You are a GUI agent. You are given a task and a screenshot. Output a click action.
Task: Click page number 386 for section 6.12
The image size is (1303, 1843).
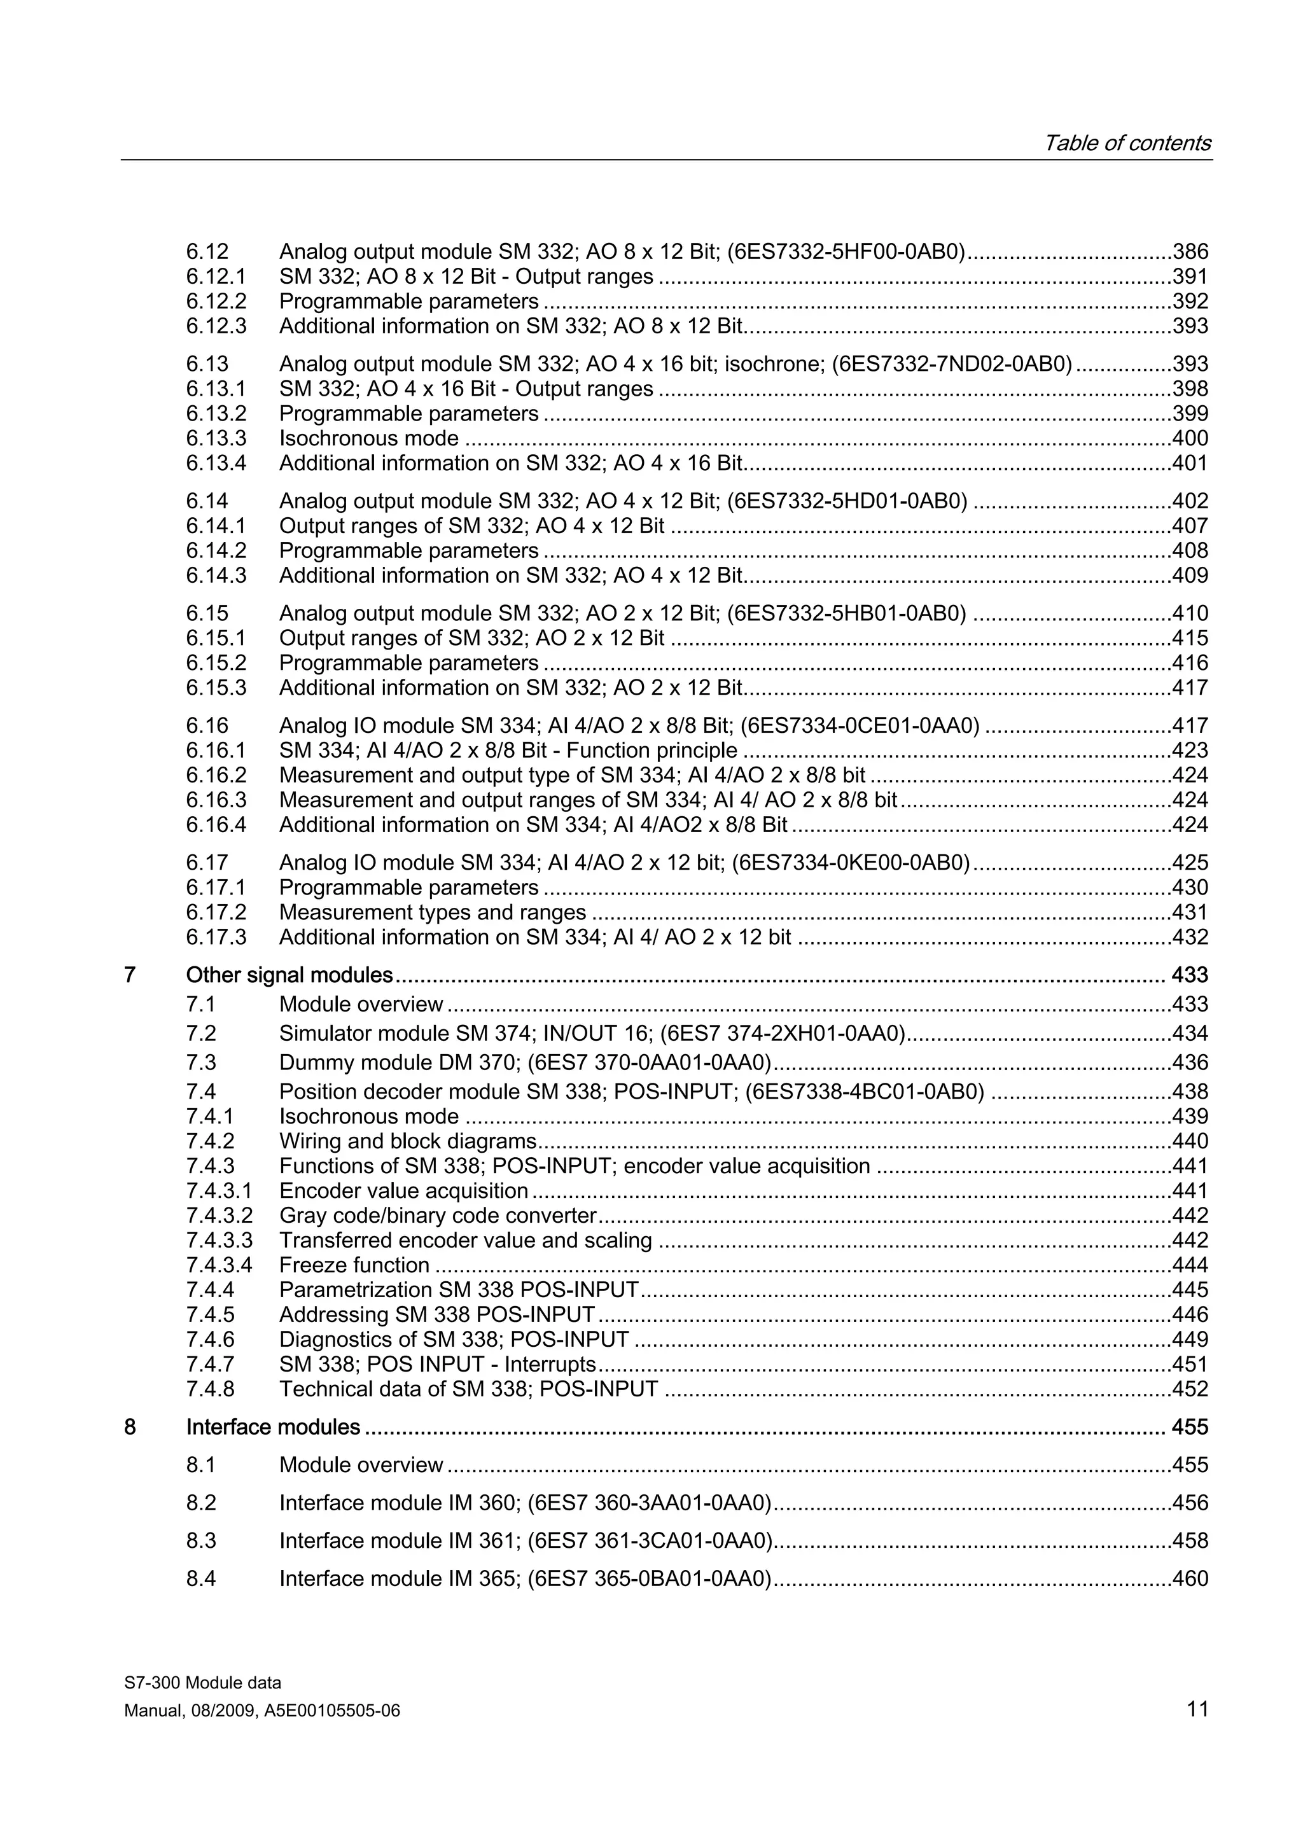[1190, 252]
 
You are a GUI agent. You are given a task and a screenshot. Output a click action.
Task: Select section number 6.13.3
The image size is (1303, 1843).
[216, 438]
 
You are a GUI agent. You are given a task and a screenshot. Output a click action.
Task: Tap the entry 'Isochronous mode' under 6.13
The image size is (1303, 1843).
[368, 438]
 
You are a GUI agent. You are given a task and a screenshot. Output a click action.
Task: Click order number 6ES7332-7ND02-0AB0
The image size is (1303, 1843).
[952, 364]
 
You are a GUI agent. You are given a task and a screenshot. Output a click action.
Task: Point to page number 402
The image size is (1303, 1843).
[1190, 501]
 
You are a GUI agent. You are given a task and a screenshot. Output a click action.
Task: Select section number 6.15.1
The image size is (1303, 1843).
[216, 638]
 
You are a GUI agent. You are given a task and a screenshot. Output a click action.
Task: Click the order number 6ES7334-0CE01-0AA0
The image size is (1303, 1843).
[860, 726]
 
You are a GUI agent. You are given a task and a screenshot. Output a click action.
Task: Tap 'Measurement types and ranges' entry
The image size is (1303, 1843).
[433, 913]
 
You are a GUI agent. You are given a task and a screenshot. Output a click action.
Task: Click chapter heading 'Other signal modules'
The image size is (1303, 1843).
[289, 975]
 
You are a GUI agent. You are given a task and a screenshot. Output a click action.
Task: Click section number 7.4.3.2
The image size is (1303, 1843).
[219, 1215]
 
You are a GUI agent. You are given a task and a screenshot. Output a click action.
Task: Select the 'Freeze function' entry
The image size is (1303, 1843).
[354, 1265]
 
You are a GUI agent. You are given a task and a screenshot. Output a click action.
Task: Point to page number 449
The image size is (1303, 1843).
[1190, 1340]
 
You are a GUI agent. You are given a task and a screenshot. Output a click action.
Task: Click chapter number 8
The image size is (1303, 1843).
[130, 1427]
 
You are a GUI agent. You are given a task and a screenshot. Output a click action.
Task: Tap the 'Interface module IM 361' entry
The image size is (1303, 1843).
[400, 1540]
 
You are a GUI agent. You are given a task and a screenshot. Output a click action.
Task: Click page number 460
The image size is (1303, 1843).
[1190, 1579]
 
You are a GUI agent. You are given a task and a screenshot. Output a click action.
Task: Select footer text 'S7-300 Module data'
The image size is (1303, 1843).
[202, 1683]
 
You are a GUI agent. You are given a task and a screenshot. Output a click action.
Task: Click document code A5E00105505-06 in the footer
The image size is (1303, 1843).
[331, 1711]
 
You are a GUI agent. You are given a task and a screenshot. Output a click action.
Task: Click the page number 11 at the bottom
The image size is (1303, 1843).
[1197, 1709]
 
